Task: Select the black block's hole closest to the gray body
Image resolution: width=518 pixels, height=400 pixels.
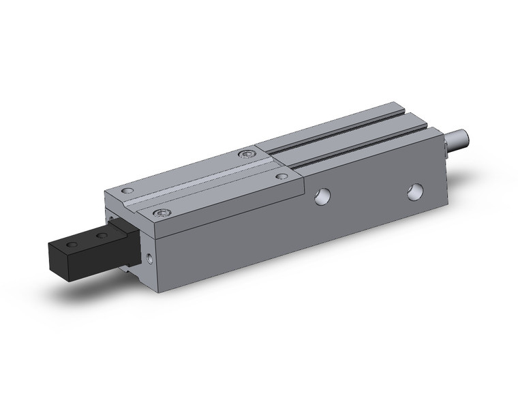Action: [102, 236]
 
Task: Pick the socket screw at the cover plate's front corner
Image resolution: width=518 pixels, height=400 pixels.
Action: [161, 213]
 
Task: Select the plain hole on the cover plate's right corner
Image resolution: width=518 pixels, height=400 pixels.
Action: [281, 176]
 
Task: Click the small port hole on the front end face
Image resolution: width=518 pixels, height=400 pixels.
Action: [150, 258]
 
